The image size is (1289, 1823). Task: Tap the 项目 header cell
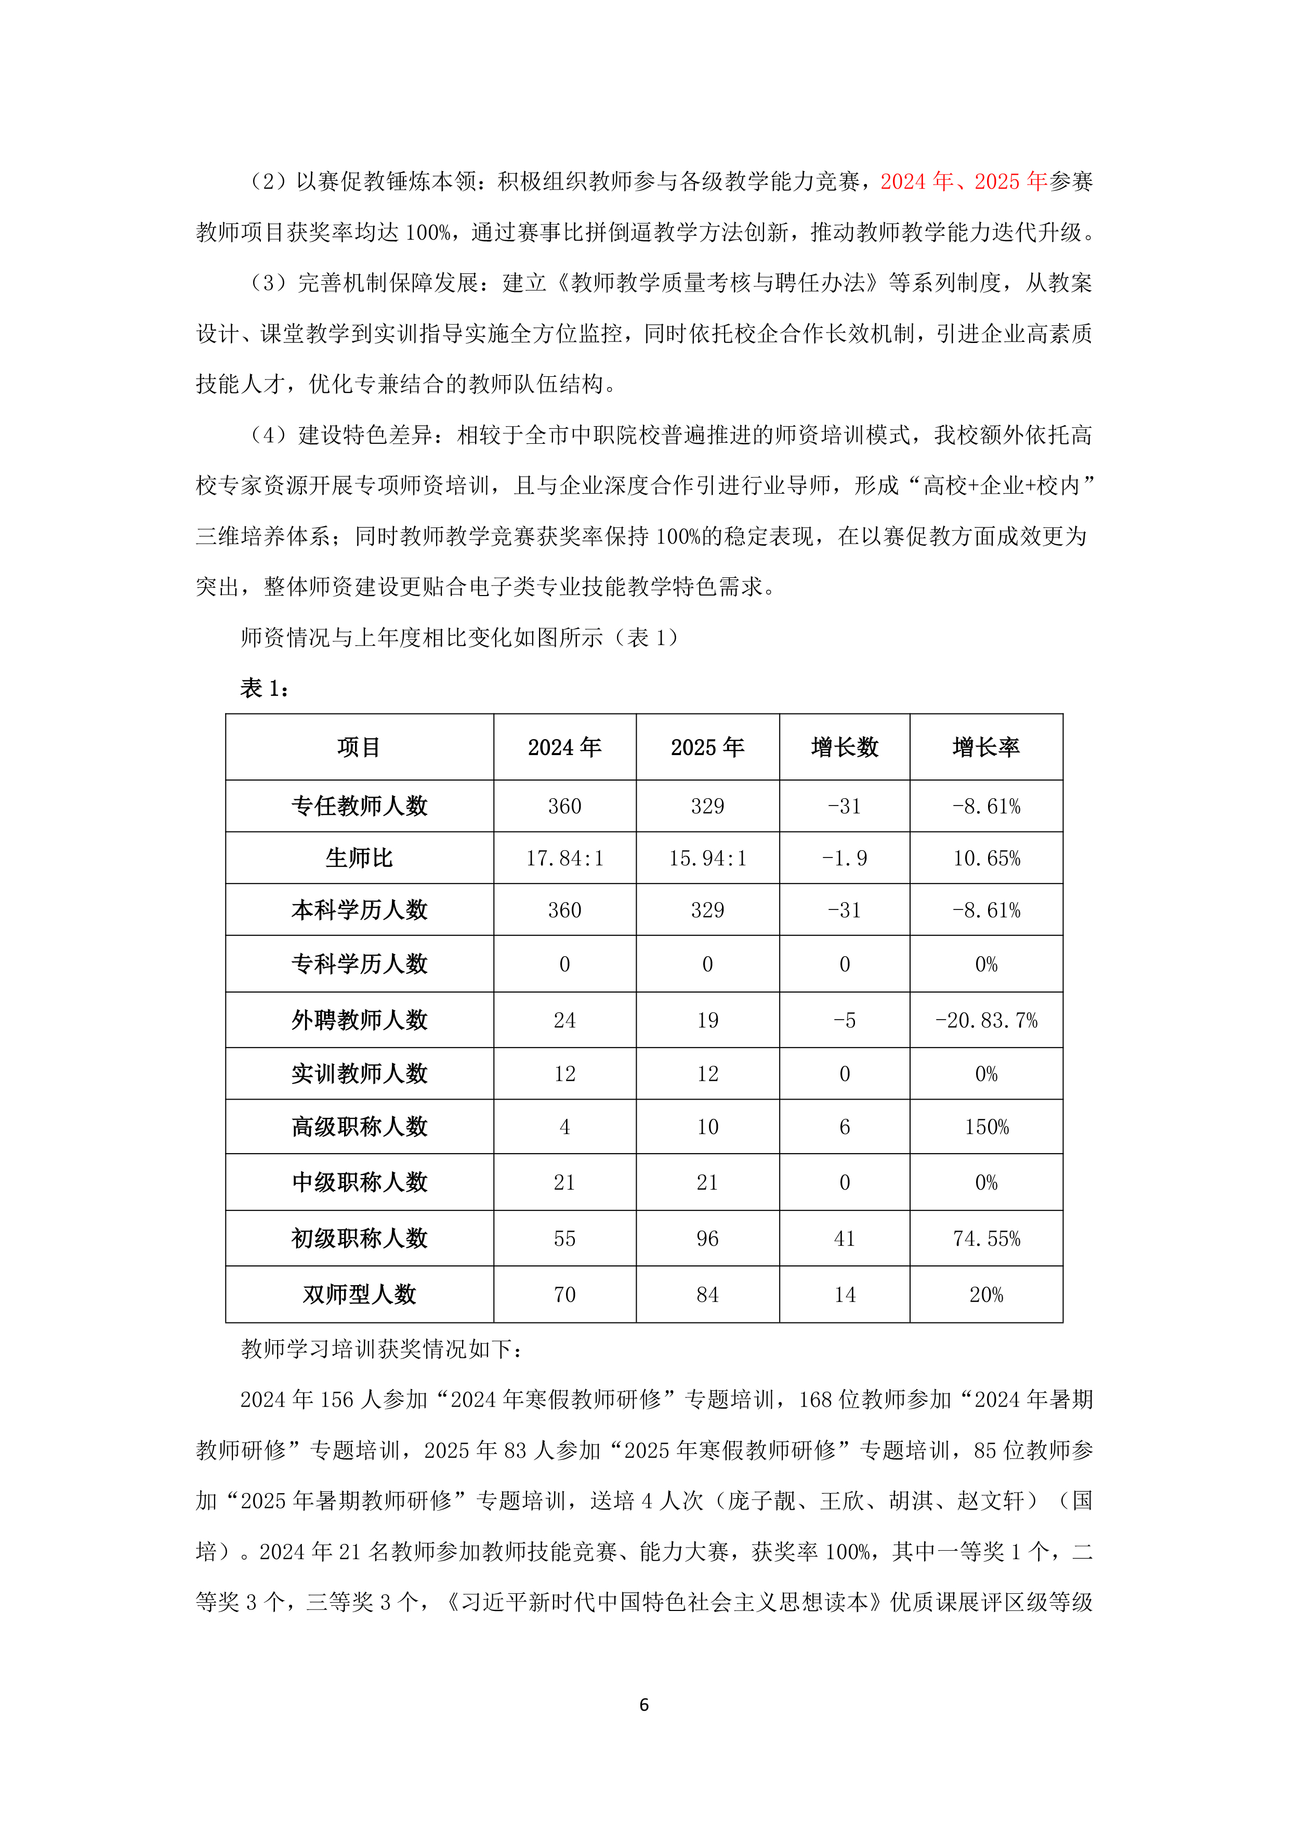(359, 747)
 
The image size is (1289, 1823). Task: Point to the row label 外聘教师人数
(359, 1020)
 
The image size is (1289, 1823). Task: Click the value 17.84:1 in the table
(564, 858)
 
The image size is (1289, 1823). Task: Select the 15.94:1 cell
(707, 858)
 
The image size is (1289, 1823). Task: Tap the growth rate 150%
(987, 1127)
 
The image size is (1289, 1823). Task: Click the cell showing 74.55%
(987, 1238)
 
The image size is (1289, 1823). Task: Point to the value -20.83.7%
(987, 1020)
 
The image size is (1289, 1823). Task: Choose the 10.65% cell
(987, 858)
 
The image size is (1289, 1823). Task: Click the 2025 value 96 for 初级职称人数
(707, 1238)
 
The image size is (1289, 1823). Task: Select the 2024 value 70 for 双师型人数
(564, 1295)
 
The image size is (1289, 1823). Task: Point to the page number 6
(644, 1705)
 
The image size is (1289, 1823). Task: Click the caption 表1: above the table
(265, 689)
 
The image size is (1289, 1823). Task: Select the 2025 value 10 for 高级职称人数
(707, 1127)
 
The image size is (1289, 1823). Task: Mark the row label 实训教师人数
(359, 1074)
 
